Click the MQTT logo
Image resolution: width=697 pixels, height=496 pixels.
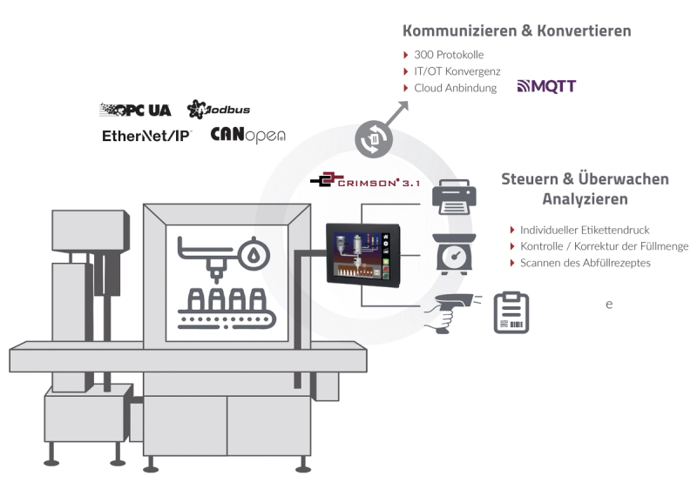[546, 86]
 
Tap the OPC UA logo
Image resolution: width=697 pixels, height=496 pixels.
[135, 111]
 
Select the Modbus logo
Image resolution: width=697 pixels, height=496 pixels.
[219, 110]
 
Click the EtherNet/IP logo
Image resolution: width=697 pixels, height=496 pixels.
[146, 136]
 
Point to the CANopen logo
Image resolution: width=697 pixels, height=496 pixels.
[247, 135]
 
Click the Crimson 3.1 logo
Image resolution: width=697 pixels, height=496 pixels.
[365, 180]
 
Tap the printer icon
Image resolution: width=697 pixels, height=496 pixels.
[454, 197]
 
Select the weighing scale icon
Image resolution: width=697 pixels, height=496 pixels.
[454, 254]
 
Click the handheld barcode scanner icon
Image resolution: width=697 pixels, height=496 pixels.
[452, 312]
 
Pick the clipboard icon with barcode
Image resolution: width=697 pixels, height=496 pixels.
[511, 312]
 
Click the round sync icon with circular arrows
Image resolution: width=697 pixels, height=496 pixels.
[374, 139]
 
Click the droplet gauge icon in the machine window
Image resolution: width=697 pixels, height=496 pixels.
[254, 254]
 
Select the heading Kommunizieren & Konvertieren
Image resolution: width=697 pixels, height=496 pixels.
[517, 30]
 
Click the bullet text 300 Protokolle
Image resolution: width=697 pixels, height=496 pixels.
[449, 55]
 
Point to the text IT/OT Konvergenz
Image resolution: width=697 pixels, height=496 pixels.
[457, 71]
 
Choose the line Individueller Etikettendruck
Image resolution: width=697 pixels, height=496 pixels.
[585, 230]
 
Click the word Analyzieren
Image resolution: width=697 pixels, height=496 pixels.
[585, 199]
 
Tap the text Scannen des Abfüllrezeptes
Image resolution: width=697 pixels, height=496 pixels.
[585, 263]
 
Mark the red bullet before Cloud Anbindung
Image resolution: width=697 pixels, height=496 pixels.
[405, 88]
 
